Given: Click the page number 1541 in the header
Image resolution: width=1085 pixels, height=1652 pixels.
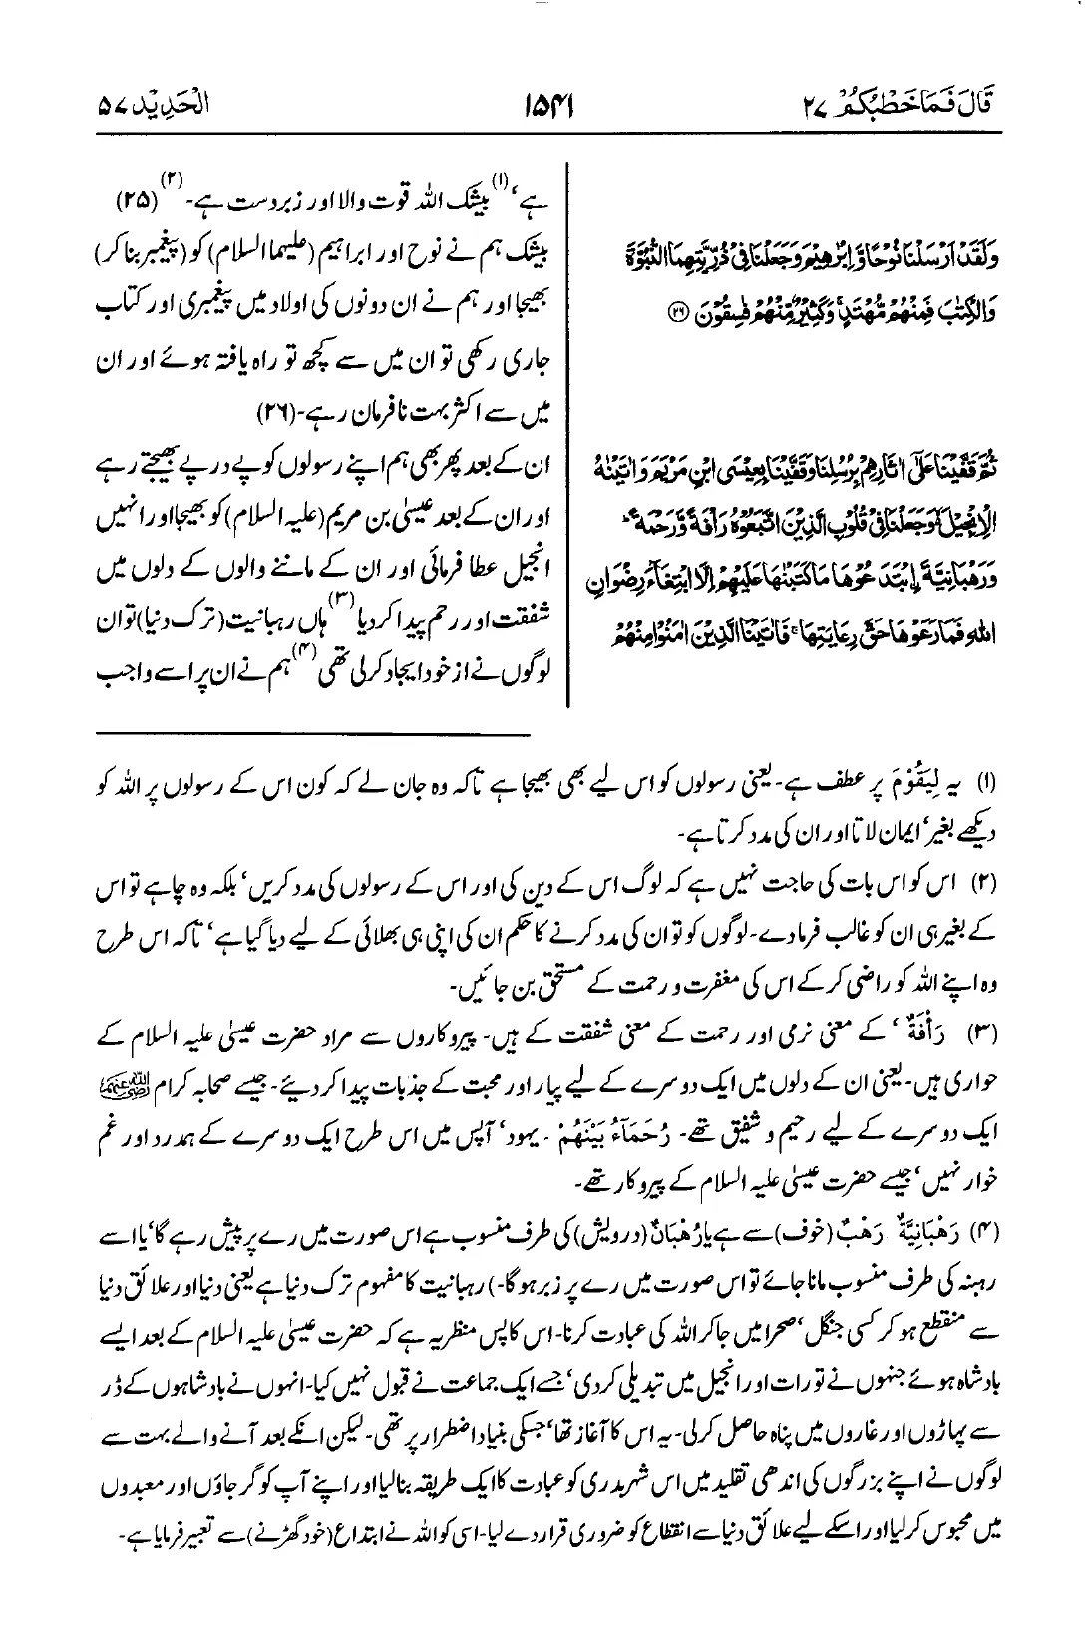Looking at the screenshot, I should pos(542,105).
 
